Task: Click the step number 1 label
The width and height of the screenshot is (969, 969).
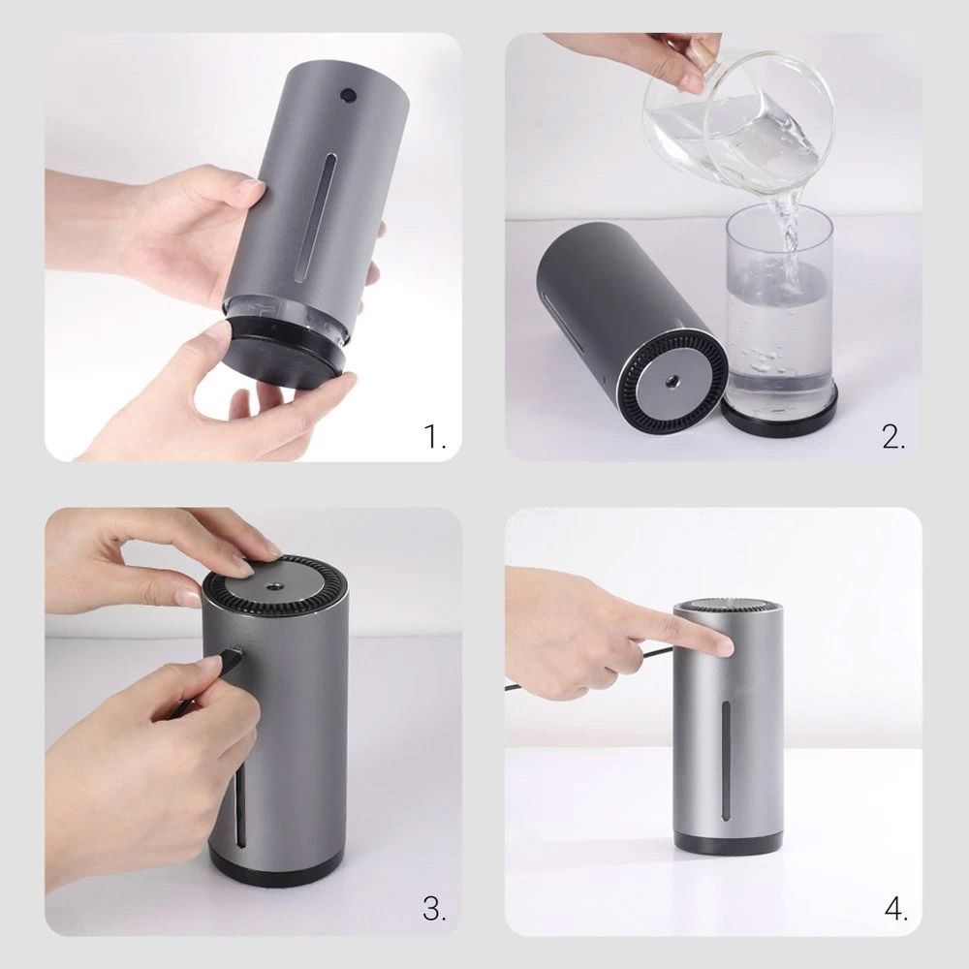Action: pos(434,436)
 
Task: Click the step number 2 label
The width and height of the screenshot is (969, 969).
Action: pos(893,436)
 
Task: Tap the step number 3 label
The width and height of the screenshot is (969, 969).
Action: pos(434,909)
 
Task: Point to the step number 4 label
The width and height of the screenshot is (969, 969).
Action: pos(895,909)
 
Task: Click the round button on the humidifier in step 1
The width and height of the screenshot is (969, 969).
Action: pos(348,95)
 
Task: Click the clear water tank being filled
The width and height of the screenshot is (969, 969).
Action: pos(779,301)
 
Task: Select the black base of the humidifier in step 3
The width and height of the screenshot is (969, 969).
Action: pos(277,867)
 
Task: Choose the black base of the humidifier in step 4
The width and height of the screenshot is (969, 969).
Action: pos(728,842)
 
